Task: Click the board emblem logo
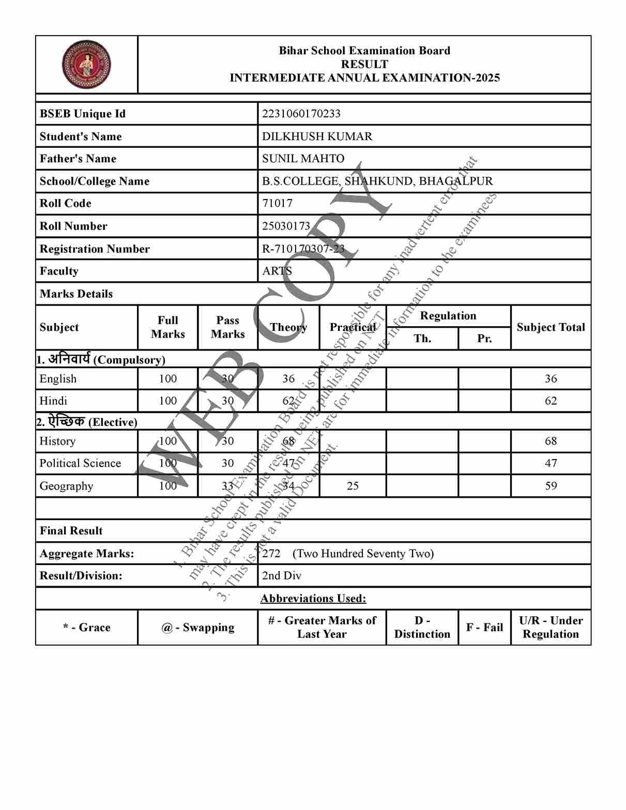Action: click(x=86, y=65)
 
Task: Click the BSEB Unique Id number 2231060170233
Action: click(x=301, y=114)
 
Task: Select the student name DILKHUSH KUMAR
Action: click(x=317, y=136)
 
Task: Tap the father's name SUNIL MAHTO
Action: click(x=303, y=159)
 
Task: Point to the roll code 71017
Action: click(x=277, y=203)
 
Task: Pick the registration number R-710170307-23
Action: click(x=303, y=249)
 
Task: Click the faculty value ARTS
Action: click(x=277, y=271)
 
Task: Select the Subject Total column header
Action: click(x=551, y=327)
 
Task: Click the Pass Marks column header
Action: click(x=227, y=327)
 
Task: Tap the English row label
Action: click(x=58, y=379)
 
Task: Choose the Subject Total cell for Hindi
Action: click(x=551, y=401)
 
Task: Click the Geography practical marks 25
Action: click(x=353, y=486)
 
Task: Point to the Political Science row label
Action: click(x=80, y=463)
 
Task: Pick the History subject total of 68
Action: click(x=551, y=441)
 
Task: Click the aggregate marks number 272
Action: click(x=271, y=554)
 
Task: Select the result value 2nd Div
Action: click(x=281, y=576)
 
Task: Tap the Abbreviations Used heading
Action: click(x=313, y=599)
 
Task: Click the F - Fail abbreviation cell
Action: click(x=484, y=628)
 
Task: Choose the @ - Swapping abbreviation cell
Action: click(x=197, y=628)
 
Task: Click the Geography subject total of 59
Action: click(x=551, y=486)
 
